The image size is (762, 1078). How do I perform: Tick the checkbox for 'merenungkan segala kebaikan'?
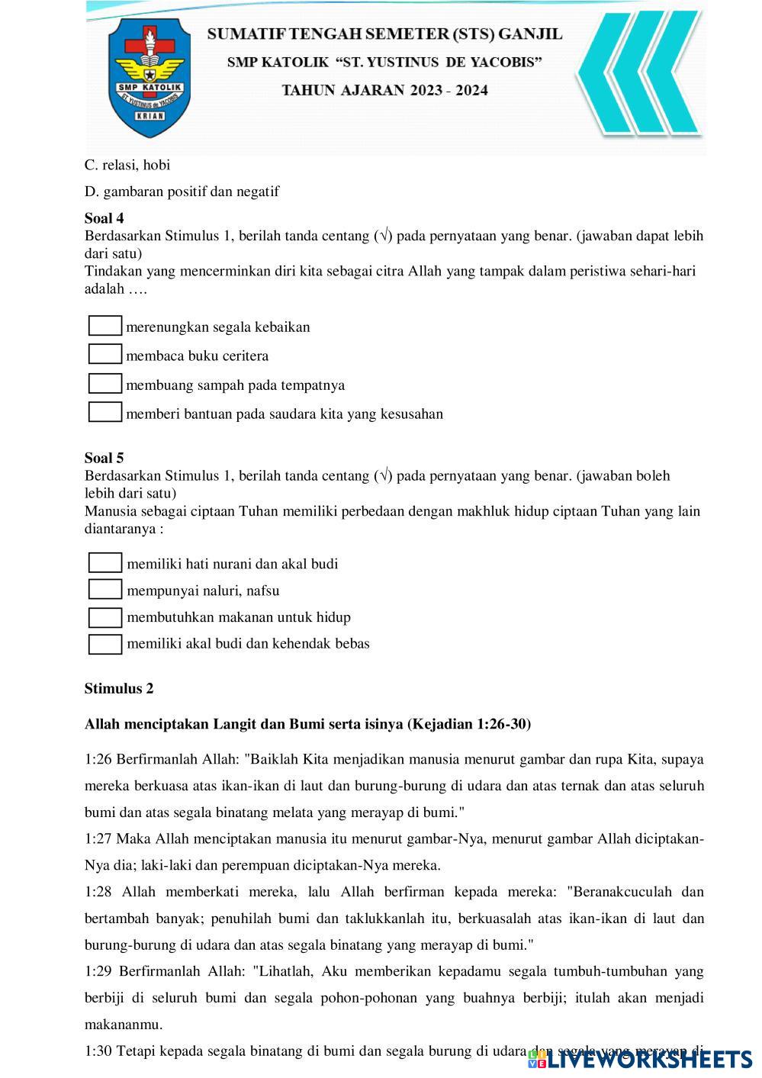[x=105, y=326]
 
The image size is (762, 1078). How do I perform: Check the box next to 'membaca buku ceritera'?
[x=105, y=355]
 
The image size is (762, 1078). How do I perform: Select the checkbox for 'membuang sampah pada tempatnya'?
[x=105, y=384]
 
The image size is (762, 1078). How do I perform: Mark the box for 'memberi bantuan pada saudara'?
[x=105, y=413]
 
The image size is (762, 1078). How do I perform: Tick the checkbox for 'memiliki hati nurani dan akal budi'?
[x=105, y=563]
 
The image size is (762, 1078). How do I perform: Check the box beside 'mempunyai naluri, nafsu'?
[x=105, y=590]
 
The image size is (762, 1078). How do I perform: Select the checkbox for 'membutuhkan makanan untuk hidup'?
[x=105, y=617]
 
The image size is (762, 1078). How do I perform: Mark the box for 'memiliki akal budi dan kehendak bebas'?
[x=105, y=644]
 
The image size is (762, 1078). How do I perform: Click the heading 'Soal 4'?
[x=104, y=218]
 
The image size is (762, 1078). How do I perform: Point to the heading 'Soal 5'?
[x=104, y=458]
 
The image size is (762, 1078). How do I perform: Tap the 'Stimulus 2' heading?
[x=119, y=688]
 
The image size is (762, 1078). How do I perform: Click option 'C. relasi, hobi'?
[x=127, y=165]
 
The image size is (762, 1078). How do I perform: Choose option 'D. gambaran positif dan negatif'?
[x=182, y=191]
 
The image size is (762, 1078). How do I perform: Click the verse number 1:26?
[x=98, y=759]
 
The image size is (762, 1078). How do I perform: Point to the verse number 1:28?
[x=98, y=892]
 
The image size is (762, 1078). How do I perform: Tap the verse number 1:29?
[x=98, y=971]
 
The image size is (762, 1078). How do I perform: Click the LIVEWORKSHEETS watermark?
[x=640, y=1059]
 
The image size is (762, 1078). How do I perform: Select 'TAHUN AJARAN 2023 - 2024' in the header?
[x=385, y=90]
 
